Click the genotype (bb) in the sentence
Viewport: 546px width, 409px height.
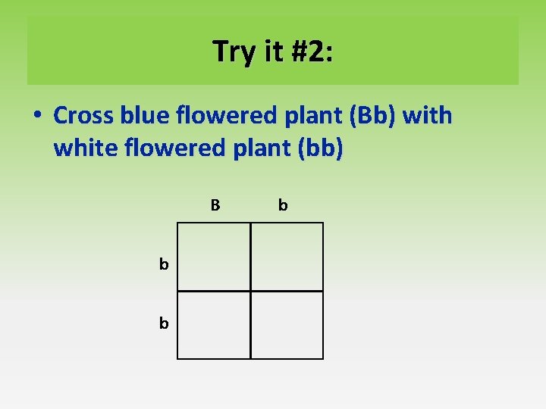[x=319, y=148]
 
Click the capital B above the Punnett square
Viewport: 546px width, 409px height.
[x=215, y=204]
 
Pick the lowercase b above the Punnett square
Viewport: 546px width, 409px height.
[x=283, y=204]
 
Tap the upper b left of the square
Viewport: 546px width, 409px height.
[x=164, y=264]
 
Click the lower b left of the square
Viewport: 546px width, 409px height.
[x=164, y=323]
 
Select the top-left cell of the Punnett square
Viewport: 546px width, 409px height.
[x=214, y=257]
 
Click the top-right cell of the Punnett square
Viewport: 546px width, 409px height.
[x=287, y=257]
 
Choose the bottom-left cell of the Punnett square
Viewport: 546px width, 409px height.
[x=214, y=325]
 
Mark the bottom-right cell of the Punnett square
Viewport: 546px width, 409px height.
[x=287, y=325]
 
